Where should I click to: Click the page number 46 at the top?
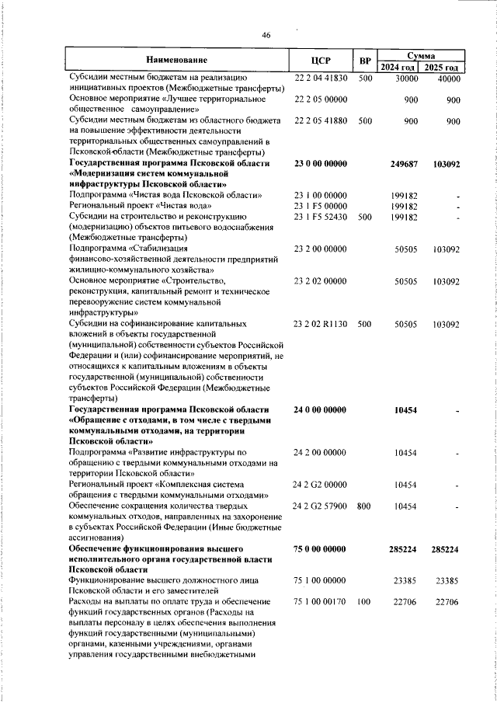266,36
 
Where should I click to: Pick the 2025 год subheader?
441,67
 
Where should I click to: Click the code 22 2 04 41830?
321,78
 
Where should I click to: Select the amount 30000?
406,78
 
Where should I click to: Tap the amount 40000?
448,78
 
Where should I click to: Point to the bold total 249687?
405,164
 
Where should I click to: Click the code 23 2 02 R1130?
321,322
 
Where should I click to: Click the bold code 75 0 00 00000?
321,548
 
